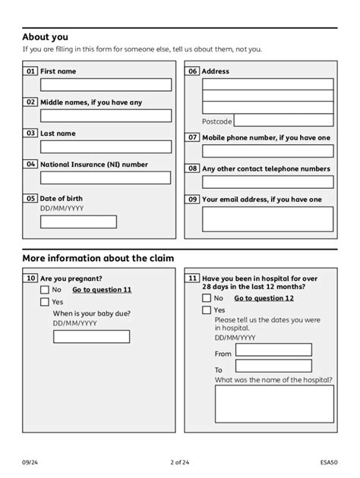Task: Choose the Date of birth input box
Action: [78, 222]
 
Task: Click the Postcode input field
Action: [283, 121]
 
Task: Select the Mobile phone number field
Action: [267, 151]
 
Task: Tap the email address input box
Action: [267, 219]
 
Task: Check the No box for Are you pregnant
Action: [45, 290]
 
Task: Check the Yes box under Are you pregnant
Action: [45, 302]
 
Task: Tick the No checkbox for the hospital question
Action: [207, 298]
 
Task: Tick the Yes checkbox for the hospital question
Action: [207, 310]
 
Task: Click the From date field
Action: [273, 350]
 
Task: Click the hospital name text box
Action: [273, 402]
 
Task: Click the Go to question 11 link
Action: [102, 290]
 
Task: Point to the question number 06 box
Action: [193, 71]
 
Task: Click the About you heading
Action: [45, 36]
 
